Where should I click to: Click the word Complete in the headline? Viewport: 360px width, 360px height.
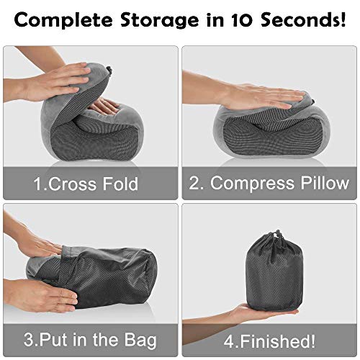[63, 20]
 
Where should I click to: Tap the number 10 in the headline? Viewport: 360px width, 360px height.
[242, 19]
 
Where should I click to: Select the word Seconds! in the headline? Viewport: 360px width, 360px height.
[303, 19]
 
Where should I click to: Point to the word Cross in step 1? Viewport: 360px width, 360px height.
[72, 184]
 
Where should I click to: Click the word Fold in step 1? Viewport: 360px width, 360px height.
[120, 184]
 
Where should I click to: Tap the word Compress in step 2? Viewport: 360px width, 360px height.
[252, 184]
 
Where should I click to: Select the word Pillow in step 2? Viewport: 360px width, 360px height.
[325, 183]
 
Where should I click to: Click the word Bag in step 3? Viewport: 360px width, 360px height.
[140, 341]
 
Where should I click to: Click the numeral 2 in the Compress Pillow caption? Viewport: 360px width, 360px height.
[194, 183]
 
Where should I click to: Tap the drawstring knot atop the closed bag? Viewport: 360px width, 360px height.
[277, 234]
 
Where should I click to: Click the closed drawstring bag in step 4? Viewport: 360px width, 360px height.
[274, 271]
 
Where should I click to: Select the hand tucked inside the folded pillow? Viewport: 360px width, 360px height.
[106, 106]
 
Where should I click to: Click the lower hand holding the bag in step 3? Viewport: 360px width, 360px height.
[41, 295]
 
